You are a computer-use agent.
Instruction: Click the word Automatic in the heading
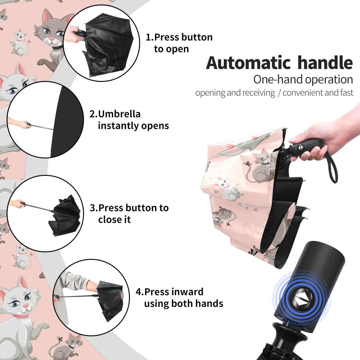248,63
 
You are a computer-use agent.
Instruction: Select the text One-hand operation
303,80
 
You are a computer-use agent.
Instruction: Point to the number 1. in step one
150,37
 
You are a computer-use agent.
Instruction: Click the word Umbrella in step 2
119,114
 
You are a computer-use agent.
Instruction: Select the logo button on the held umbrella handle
301,146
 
